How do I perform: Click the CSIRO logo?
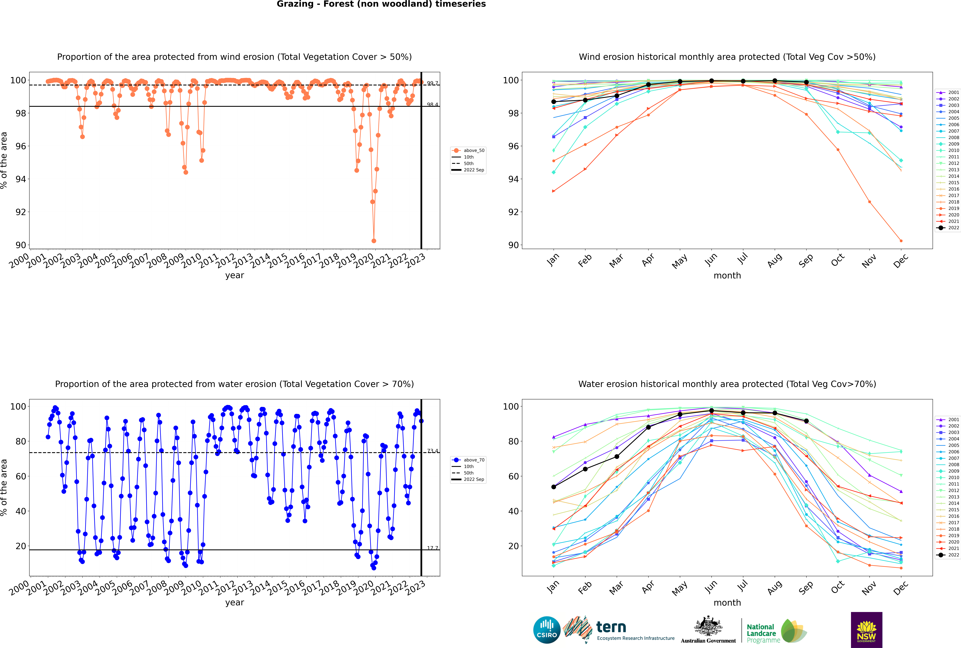[x=547, y=630]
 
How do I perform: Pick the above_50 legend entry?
[x=469, y=150]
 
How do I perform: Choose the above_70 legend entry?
[x=469, y=460]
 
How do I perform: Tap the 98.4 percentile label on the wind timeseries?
[x=433, y=105]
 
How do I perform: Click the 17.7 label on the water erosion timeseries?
[x=433, y=548]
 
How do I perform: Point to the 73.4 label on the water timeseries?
[x=433, y=451]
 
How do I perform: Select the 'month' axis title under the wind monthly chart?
[x=727, y=276]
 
